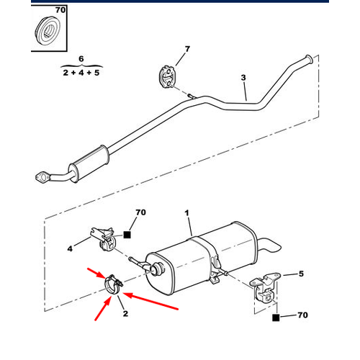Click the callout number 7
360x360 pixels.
(x=187, y=49)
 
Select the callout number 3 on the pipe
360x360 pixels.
(x=243, y=78)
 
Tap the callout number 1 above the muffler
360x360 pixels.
(x=186, y=213)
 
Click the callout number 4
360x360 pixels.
(x=70, y=248)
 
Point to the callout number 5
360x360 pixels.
(x=301, y=274)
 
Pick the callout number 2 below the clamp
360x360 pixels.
(x=125, y=313)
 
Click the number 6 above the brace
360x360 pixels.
(x=81, y=59)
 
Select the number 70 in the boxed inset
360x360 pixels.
(x=60, y=10)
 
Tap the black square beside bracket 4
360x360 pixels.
(x=127, y=235)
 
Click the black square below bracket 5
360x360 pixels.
(x=276, y=318)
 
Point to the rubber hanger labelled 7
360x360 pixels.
(x=166, y=76)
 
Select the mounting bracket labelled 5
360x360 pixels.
(x=264, y=288)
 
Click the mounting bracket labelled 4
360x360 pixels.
(x=103, y=239)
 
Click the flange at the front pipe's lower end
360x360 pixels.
(x=42, y=178)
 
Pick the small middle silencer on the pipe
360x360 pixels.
(x=89, y=164)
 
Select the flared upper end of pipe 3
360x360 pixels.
(x=309, y=59)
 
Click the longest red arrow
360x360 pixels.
(x=150, y=301)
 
